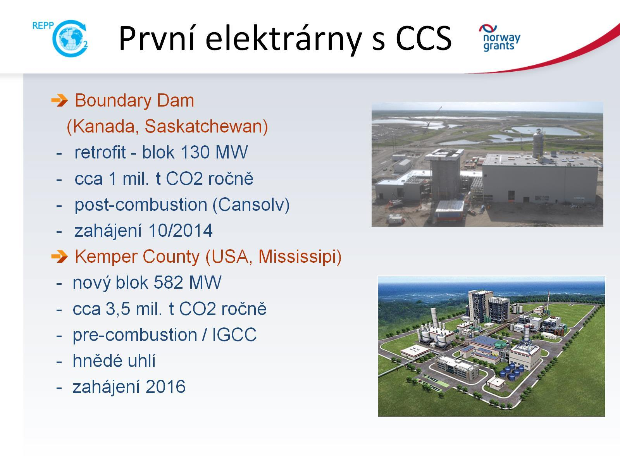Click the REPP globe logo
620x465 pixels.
pyautogui.click(x=61, y=38)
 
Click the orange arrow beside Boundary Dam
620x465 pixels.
pyautogui.click(x=59, y=100)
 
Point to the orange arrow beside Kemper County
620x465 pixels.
pyautogui.click(x=59, y=257)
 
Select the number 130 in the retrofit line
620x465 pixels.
pyautogui.click(x=195, y=152)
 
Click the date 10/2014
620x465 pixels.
pyautogui.click(x=180, y=231)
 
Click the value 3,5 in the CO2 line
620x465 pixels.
pyautogui.click(x=118, y=309)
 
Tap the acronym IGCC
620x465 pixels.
pyautogui.click(x=234, y=335)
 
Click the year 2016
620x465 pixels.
pyautogui.click(x=165, y=387)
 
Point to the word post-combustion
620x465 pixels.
pyautogui.click(x=141, y=205)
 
